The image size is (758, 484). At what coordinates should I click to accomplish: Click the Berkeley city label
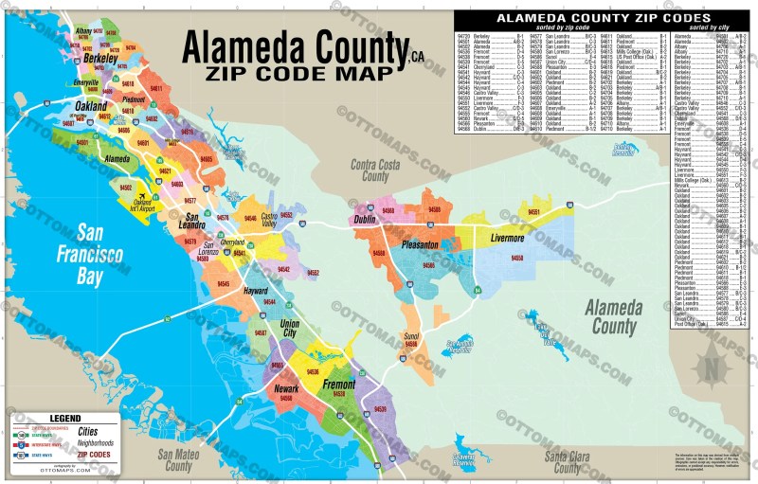point(99,58)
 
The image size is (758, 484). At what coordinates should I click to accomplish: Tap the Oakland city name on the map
point(91,107)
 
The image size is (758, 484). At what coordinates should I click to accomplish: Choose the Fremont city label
point(339,385)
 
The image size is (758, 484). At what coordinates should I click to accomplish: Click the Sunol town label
point(410,336)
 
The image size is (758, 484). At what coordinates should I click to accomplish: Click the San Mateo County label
point(178,460)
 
